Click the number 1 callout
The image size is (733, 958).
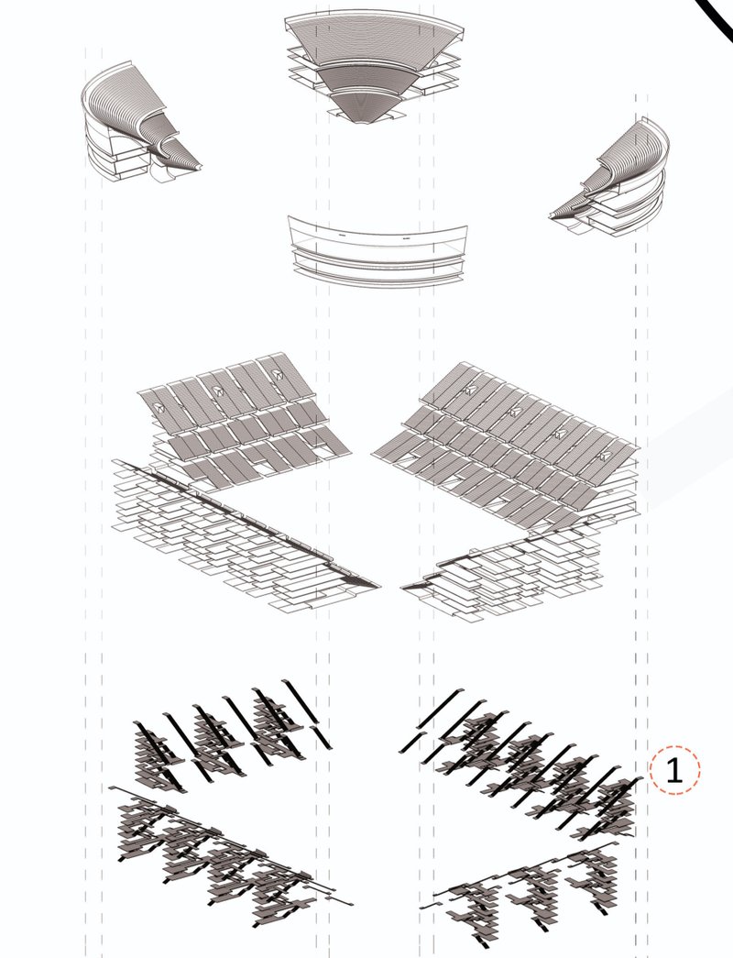point(674,770)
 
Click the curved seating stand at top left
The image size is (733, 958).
point(133,128)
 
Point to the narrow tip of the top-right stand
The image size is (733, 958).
point(552,216)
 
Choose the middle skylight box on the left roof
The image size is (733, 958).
point(218,390)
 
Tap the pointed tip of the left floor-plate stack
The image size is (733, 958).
point(376,584)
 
